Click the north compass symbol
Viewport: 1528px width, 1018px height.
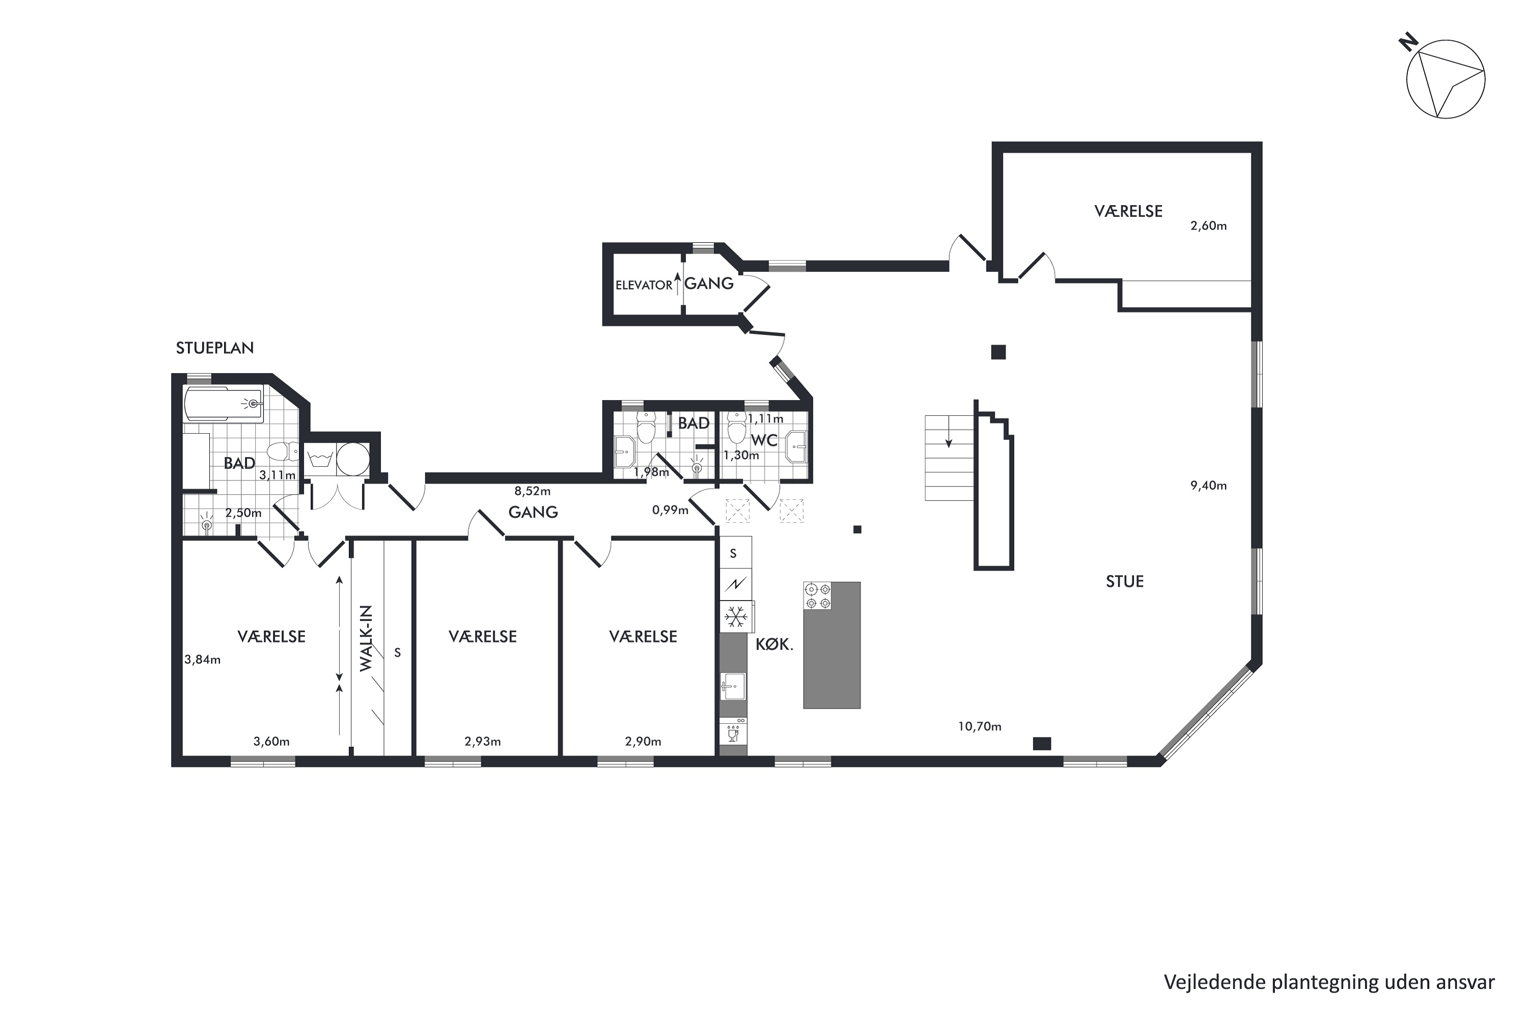1443,87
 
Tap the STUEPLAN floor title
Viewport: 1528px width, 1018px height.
214,348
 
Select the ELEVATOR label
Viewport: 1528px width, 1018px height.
644,285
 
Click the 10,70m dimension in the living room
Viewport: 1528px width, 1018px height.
979,726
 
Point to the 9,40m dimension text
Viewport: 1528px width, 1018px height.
1208,485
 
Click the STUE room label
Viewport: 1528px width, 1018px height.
1125,581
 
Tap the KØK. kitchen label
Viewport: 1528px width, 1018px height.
774,645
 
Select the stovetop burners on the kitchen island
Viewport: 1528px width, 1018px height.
818,596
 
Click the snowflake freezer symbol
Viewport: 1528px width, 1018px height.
735,617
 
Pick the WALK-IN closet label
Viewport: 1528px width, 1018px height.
366,639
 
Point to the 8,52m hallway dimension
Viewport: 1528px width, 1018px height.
533,492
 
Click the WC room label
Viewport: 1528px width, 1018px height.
764,440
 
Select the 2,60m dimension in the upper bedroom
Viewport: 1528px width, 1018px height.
1208,226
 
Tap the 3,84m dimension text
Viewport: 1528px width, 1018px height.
203,660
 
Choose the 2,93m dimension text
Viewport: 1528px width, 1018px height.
483,742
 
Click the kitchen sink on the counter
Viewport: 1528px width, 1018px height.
733,686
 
